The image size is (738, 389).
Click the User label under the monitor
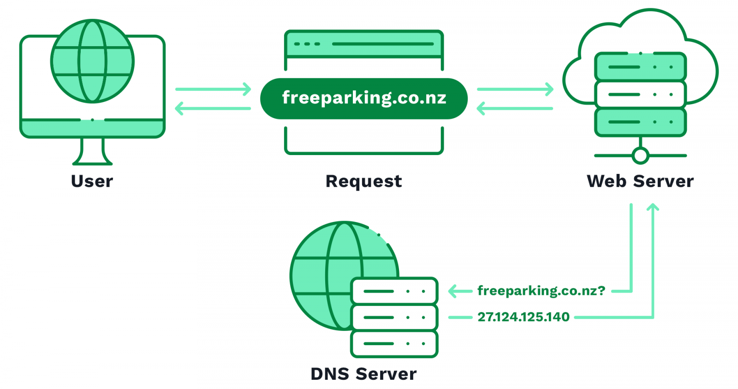coord(92,181)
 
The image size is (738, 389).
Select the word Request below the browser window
coord(363,181)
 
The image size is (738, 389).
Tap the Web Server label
coord(640,181)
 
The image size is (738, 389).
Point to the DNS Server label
coord(363,374)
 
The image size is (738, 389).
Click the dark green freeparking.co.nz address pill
coord(363,98)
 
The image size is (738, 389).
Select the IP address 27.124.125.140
coord(524,317)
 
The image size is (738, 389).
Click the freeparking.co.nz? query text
coord(541,291)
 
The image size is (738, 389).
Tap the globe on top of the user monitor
coord(92,61)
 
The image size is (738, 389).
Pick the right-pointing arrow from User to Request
coord(213,89)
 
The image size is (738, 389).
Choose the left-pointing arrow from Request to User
coord(213,109)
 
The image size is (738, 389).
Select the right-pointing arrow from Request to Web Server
coord(515,89)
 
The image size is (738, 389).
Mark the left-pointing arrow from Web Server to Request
coord(515,109)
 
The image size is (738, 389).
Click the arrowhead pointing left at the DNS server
coord(454,291)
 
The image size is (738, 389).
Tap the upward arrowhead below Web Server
coord(653,209)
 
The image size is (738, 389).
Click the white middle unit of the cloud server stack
coord(640,94)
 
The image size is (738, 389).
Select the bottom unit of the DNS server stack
coord(394,344)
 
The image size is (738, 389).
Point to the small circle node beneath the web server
coord(640,156)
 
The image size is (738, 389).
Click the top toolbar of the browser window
coord(363,44)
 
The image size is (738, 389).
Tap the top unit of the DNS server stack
coord(394,291)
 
